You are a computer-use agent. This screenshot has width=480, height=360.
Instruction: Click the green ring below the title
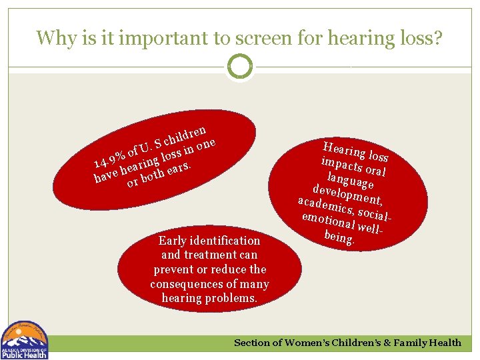240,67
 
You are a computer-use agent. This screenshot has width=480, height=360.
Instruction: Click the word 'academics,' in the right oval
327,205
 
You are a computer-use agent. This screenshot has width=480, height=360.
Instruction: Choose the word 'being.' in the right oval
339,237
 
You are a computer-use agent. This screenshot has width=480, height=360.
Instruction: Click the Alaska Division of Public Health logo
25,340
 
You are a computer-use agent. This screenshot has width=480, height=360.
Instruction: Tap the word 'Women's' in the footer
309,343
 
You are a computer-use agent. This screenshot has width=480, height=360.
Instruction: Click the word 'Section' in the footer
252,343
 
